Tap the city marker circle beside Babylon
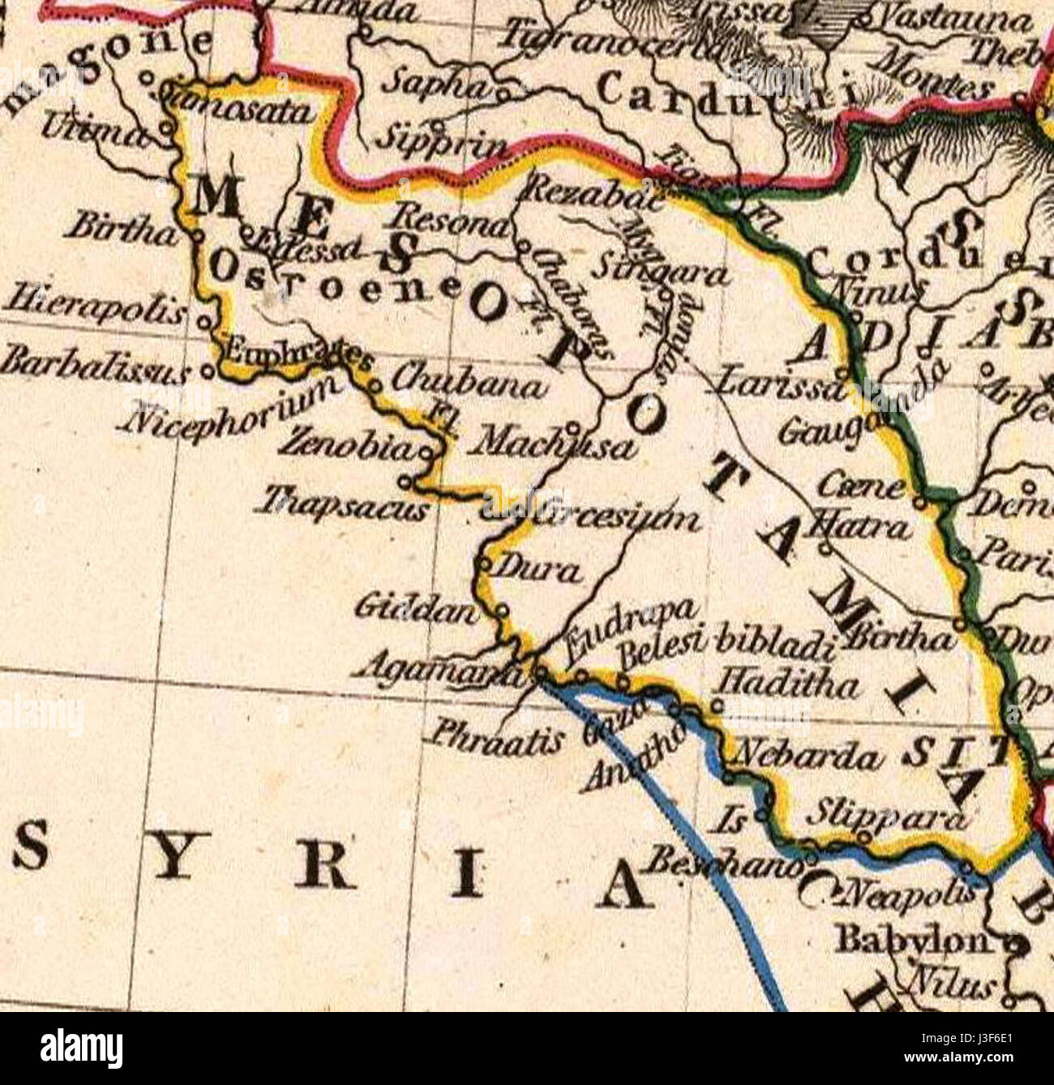1017,945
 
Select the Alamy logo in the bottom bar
81,1048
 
